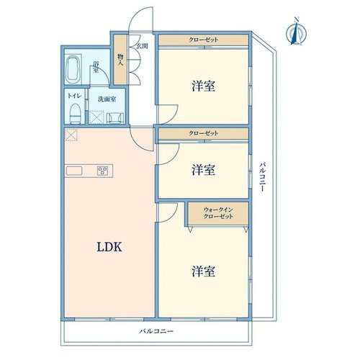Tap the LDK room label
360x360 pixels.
point(109,247)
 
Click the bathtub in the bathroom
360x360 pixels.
point(73,70)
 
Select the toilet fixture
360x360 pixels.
point(75,114)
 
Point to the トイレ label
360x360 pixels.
point(75,96)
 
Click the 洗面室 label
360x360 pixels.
point(107,99)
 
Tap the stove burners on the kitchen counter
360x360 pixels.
point(102,171)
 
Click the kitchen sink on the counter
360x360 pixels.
point(74,171)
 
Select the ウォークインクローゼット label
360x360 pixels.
point(218,213)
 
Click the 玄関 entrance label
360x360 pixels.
point(142,46)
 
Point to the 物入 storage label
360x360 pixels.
point(120,60)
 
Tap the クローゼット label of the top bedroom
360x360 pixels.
point(204,40)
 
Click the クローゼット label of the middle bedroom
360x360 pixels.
point(204,133)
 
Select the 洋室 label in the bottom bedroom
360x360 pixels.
point(203,271)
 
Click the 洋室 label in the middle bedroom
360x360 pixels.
point(203,169)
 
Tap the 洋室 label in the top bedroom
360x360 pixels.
point(203,86)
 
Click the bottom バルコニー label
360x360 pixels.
point(156,331)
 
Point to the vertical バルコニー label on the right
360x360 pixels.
point(263,177)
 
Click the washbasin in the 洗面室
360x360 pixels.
point(115,118)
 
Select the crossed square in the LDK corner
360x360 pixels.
point(71,135)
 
